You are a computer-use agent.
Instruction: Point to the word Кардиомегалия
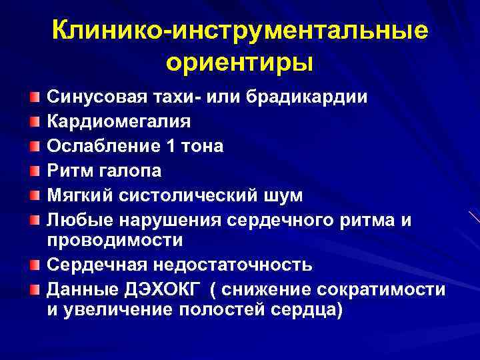pyautogui.click(x=119, y=122)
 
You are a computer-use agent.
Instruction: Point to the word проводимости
pyautogui.click(x=115, y=239)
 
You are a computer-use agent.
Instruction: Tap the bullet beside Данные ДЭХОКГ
pyautogui.click(x=34, y=290)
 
